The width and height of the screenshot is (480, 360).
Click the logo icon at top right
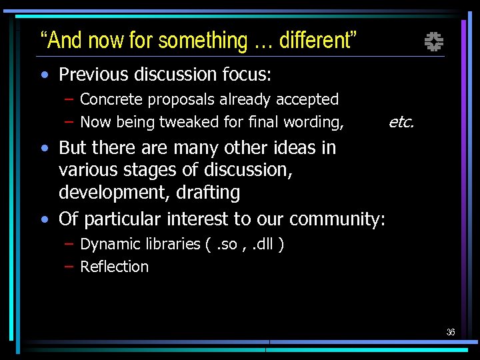[x=434, y=43]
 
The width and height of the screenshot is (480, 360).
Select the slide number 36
[x=451, y=332]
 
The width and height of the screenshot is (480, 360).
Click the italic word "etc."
[x=401, y=122]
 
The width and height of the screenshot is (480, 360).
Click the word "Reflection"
[x=114, y=267]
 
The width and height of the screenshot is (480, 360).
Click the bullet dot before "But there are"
[x=44, y=147]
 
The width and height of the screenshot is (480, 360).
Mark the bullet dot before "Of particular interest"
[x=44, y=219]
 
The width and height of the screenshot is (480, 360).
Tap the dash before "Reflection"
[x=69, y=267]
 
